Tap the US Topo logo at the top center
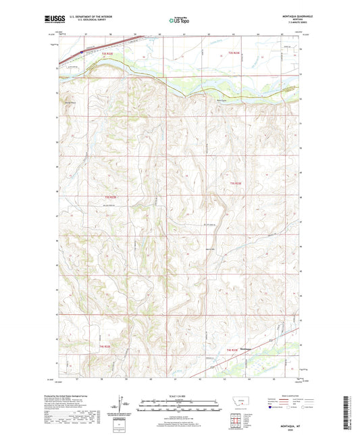click(175, 20)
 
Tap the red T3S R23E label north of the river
click(234, 53)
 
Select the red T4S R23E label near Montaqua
click(232, 350)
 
